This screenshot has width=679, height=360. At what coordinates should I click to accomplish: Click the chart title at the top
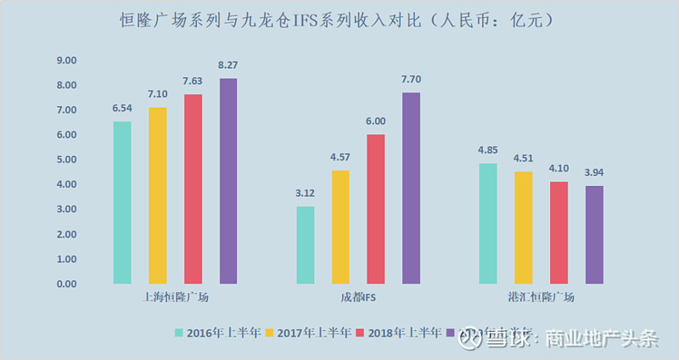339,19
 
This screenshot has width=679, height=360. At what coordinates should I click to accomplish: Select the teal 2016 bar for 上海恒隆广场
122,202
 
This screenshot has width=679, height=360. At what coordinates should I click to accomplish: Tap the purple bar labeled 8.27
228,181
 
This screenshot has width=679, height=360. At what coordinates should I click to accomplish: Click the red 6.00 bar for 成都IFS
375,209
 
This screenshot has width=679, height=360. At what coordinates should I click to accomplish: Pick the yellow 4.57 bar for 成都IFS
340,227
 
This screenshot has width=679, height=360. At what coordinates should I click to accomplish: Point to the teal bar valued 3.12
306,245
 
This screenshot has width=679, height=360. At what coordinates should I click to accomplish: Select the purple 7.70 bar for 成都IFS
411,188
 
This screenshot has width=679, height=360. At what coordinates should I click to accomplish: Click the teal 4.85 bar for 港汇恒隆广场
488,223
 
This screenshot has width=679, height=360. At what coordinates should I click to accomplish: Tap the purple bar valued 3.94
594,234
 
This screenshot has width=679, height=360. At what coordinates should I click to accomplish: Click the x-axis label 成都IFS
357,298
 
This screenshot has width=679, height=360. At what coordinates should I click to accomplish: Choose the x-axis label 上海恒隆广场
176,298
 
